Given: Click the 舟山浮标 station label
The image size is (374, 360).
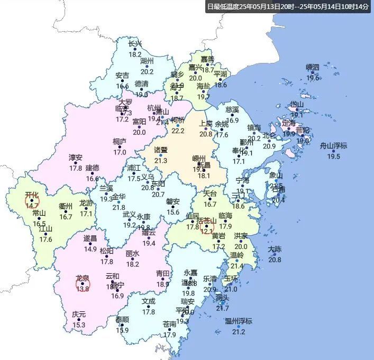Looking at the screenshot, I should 333,146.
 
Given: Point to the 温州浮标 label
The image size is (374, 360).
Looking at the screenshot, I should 239,321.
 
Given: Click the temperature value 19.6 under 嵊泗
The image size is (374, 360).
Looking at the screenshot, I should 313,78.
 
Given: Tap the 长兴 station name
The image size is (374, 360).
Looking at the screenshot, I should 135,44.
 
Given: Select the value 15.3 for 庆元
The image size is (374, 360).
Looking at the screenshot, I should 79,325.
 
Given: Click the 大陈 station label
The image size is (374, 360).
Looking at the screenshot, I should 275,249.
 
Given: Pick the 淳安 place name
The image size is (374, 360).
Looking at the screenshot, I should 76,158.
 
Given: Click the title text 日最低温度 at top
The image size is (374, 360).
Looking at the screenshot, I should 223,7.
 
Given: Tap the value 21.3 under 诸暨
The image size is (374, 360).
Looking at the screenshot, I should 160,160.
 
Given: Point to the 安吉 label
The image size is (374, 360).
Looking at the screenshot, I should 122,76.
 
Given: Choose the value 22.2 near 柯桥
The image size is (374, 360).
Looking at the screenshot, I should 178,131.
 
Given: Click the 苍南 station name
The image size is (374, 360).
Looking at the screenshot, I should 169,324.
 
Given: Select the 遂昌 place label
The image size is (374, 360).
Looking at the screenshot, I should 90,238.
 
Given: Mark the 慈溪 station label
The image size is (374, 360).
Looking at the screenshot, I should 232,109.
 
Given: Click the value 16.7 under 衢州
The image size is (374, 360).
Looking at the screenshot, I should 66,217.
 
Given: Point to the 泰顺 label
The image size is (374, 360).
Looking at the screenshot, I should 122,320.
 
